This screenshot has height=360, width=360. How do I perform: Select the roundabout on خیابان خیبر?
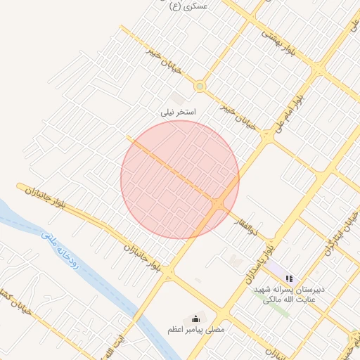[200, 86]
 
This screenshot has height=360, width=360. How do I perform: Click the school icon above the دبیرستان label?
[289, 278]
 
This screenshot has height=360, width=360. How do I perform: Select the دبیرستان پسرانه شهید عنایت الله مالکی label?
[290, 295]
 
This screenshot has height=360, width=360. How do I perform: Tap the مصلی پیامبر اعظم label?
[195, 329]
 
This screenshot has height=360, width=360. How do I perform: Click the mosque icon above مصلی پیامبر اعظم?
[195, 319]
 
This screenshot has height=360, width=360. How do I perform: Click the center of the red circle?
[180, 179]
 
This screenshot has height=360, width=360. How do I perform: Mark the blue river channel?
[105, 281]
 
